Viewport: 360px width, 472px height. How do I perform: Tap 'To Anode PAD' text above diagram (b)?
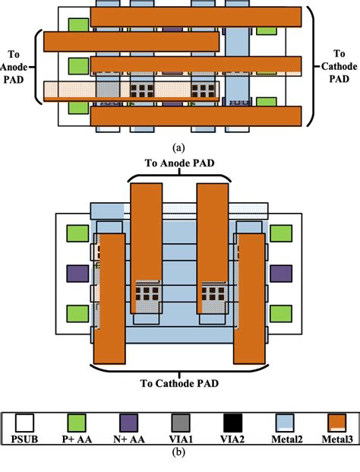coord(179,163)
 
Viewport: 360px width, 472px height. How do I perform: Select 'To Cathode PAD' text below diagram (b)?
coord(180,382)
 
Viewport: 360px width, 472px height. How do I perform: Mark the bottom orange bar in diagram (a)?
coord(197,116)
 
